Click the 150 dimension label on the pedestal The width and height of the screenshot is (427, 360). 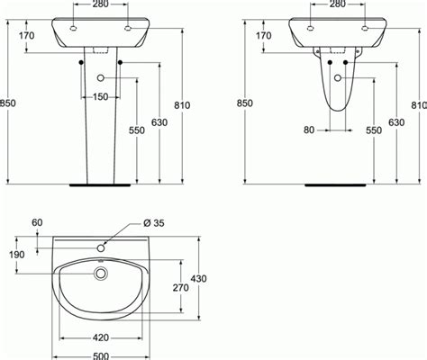click(101, 97)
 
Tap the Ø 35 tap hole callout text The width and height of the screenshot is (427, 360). click(154, 223)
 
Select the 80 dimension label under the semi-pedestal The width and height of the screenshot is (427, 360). click(309, 130)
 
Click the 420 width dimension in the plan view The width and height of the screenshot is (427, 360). click(101, 337)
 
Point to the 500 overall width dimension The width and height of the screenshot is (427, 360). click(101, 356)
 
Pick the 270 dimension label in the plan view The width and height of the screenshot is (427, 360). click(181, 288)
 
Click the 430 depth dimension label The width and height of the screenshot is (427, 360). click(198, 279)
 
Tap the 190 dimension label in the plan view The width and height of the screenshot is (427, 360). click(17, 255)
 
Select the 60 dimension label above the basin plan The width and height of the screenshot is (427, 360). click(37, 222)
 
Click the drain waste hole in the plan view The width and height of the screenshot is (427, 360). click(101, 274)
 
